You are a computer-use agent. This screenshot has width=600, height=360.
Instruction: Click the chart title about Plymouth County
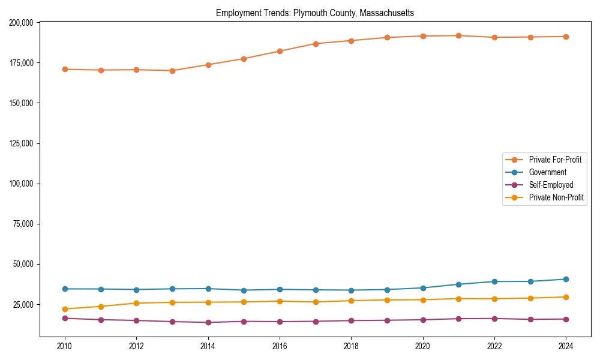pyautogui.click(x=315, y=13)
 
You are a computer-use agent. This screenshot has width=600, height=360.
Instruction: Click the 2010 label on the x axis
pyautogui.click(x=65, y=346)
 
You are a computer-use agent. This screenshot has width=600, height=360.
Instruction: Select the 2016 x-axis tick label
pyautogui.click(x=280, y=346)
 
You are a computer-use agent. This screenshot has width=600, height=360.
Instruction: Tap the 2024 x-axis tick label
pyautogui.click(x=566, y=346)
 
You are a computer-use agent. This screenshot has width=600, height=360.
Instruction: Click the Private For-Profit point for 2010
pyautogui.click(x=65, y=70)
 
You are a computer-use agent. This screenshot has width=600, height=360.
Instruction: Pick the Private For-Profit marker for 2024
pyautogui.click(x=566, y=37)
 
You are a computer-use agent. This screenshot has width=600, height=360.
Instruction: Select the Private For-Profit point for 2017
pyautogui.click(x=316, y=44)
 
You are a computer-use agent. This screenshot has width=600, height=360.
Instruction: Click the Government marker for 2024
pyautogui.click(x=566, y=279)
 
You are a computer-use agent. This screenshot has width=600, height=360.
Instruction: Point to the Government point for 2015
pyautogui.click(x=244, y=290)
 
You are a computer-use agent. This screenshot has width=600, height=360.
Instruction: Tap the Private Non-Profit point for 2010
pyautogui.click(x=65, y=309)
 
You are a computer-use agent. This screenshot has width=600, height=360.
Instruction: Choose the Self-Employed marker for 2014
pyautogui.click(x=208, y=322)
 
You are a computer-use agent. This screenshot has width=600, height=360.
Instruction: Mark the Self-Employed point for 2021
pyautogui.click(x=458, y=319)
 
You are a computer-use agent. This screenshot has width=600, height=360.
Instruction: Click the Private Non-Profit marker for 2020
pyautogui.click(x=423, y=300)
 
